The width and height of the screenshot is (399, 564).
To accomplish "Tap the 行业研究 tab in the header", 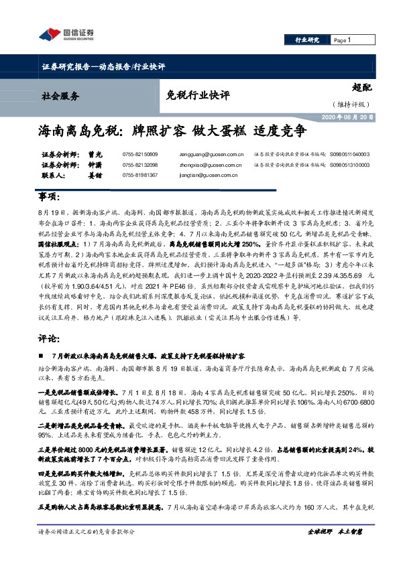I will pyautogui.click(x=308, y=40).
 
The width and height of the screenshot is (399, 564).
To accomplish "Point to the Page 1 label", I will pyautogui.click(x=343, y=40).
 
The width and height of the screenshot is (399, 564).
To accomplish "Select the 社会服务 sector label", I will pyautogui.click(x=61, y=95).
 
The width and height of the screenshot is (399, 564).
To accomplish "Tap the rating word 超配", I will pyautogui.click(x=361, y=87).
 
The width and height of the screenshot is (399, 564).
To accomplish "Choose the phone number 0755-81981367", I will pyautogui.click(x=140, y=175).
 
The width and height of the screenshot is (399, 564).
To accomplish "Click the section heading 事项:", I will pyautogui.click(x=50, y=200).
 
